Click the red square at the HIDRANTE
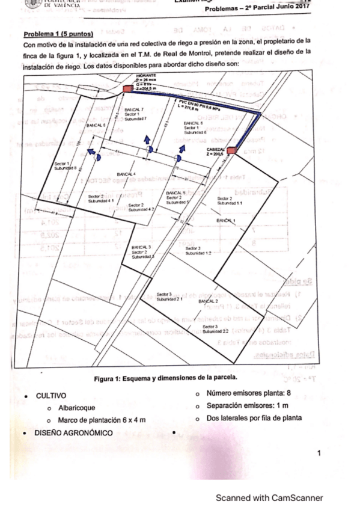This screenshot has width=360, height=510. [x=128, y=89]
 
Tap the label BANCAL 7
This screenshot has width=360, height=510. [x=133, y=111]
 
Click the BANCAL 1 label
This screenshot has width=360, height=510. [x=225, y=221]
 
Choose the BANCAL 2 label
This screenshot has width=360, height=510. [x=208, y=301]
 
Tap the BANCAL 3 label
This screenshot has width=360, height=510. [x=141, y=247]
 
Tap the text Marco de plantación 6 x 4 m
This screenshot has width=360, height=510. [x=100, y=420]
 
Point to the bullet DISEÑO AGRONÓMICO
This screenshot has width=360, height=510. [x=76, y=432]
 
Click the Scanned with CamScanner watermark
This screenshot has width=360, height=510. [x=269, y=497]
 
